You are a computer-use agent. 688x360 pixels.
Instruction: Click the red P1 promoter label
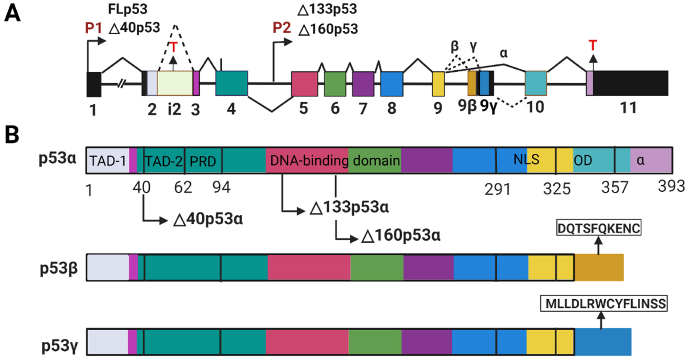[93, 28]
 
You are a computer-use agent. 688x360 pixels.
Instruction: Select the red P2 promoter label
[281, 28]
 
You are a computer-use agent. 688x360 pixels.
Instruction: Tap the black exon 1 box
[94, 84]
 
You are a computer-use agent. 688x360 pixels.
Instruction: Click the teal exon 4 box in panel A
[232, 83]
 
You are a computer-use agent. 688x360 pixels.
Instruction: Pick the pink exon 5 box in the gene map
[304, 84]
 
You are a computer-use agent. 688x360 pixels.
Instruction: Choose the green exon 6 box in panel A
[335, 84]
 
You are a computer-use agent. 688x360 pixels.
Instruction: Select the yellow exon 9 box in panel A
[438, 84]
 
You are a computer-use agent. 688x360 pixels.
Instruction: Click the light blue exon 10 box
[536, 83]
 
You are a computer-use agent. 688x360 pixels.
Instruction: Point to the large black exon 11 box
[630, 83]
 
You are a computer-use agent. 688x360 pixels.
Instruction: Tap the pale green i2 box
[175, 83]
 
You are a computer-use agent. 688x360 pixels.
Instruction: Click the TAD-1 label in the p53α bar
[108, 161]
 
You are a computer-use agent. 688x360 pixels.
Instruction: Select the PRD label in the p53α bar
[203, 161]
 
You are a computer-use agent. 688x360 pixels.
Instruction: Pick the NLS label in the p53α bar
[526, 159]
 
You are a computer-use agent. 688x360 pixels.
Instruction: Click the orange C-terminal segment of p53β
[599, 267]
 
